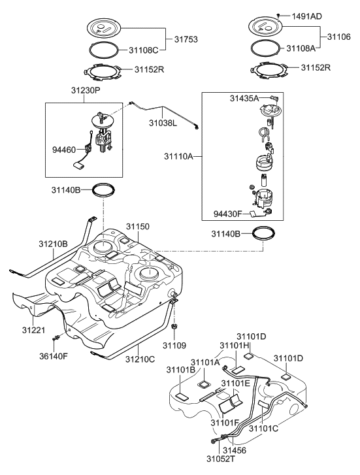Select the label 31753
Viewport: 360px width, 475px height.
pos(186,40)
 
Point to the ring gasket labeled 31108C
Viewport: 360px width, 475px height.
pos(104,48)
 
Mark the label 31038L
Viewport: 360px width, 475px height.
pos(165,122)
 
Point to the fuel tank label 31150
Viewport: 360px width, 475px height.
pos(138,226)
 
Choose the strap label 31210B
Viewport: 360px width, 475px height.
pos(52,244)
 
